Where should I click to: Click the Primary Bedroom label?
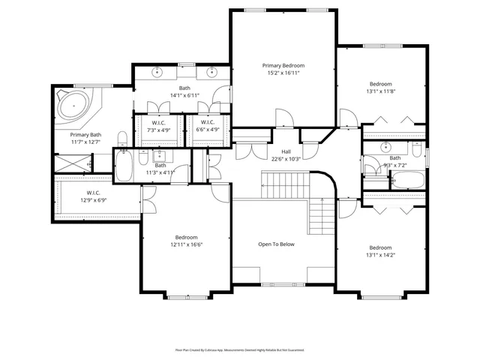point(283,66)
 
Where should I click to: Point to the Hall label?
point(286,151)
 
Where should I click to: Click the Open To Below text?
point(277,244)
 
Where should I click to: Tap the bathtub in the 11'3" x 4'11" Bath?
point(124,165)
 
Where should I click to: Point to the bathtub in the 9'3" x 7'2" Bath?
point(408,181)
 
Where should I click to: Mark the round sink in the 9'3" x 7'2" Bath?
point(385,145)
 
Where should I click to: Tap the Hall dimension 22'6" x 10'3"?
point(286,159)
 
